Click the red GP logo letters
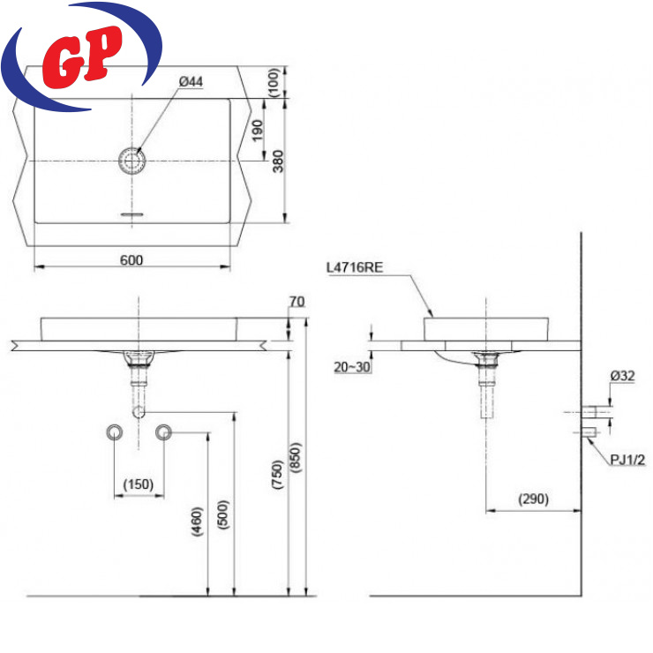pos(82,56)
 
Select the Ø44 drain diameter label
pos(191,81)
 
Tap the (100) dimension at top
pos(274,82)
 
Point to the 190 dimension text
pos(258,131)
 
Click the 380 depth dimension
pos(278,161)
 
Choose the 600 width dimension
pos(131,260)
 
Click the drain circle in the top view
pos(132,161)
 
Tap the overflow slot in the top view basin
pos(132,214)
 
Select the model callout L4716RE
pos(355,267)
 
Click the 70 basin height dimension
pos(296,301)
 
